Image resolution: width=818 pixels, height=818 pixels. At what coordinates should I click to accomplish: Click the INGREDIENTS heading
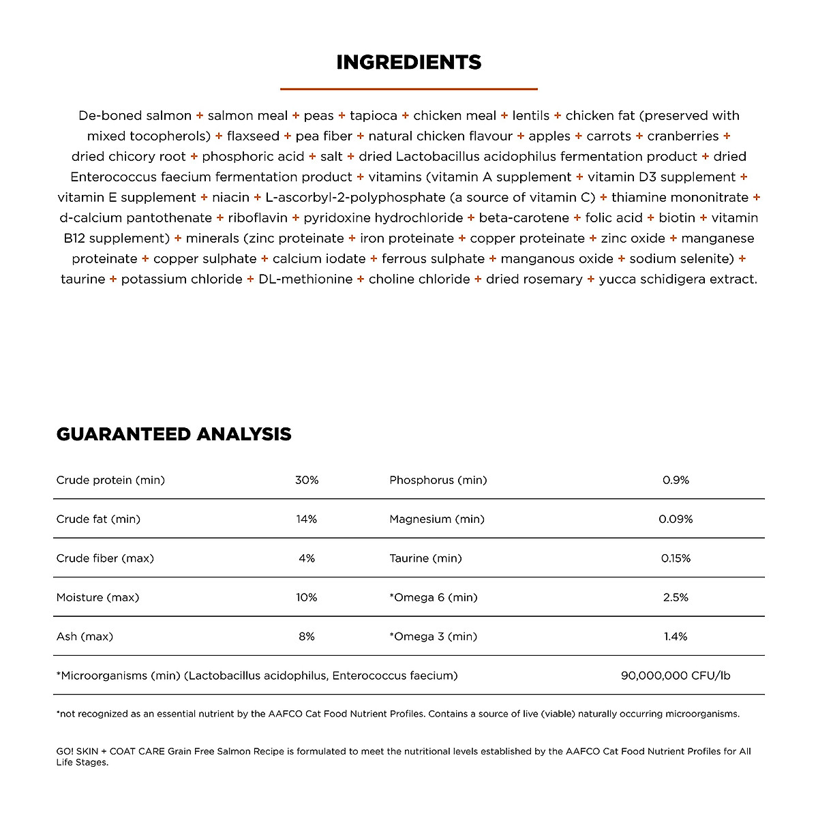(x=409, y=63)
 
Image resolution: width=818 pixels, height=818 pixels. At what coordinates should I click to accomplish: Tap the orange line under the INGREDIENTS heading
(x=409, y=89)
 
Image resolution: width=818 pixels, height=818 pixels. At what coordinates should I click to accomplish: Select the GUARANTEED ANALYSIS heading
(x=174, y=434)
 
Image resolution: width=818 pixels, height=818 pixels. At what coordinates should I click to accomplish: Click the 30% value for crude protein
(x=307, y=480)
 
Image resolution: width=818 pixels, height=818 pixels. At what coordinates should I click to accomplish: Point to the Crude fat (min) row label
(x=98, y=519)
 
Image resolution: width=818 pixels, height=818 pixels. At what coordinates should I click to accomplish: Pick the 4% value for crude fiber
(x=307, y=558)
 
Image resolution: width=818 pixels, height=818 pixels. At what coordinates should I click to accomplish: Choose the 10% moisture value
(x=307, y=598)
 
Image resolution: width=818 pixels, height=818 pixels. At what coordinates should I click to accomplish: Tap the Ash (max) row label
(x=85, y=637)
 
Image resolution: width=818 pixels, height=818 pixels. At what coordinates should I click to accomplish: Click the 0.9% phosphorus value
(x=676, y=480)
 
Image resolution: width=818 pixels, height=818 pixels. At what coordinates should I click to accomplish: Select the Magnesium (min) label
(x=437, y=519)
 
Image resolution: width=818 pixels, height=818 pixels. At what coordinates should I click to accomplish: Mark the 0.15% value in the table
(x=676, y=558)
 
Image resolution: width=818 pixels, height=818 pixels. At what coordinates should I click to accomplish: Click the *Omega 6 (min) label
(x=433, y=598)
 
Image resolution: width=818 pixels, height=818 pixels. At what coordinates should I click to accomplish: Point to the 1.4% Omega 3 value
(x=676, y=637)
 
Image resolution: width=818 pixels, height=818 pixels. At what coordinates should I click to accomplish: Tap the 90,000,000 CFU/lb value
(x=676, y=676)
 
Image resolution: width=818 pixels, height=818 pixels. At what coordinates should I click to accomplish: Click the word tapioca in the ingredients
(x=374, y=116)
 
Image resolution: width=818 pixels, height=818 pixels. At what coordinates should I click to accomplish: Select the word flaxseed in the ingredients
(x=253, y=136)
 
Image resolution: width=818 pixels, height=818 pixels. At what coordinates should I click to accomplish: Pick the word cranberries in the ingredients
(x=683, y=136)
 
